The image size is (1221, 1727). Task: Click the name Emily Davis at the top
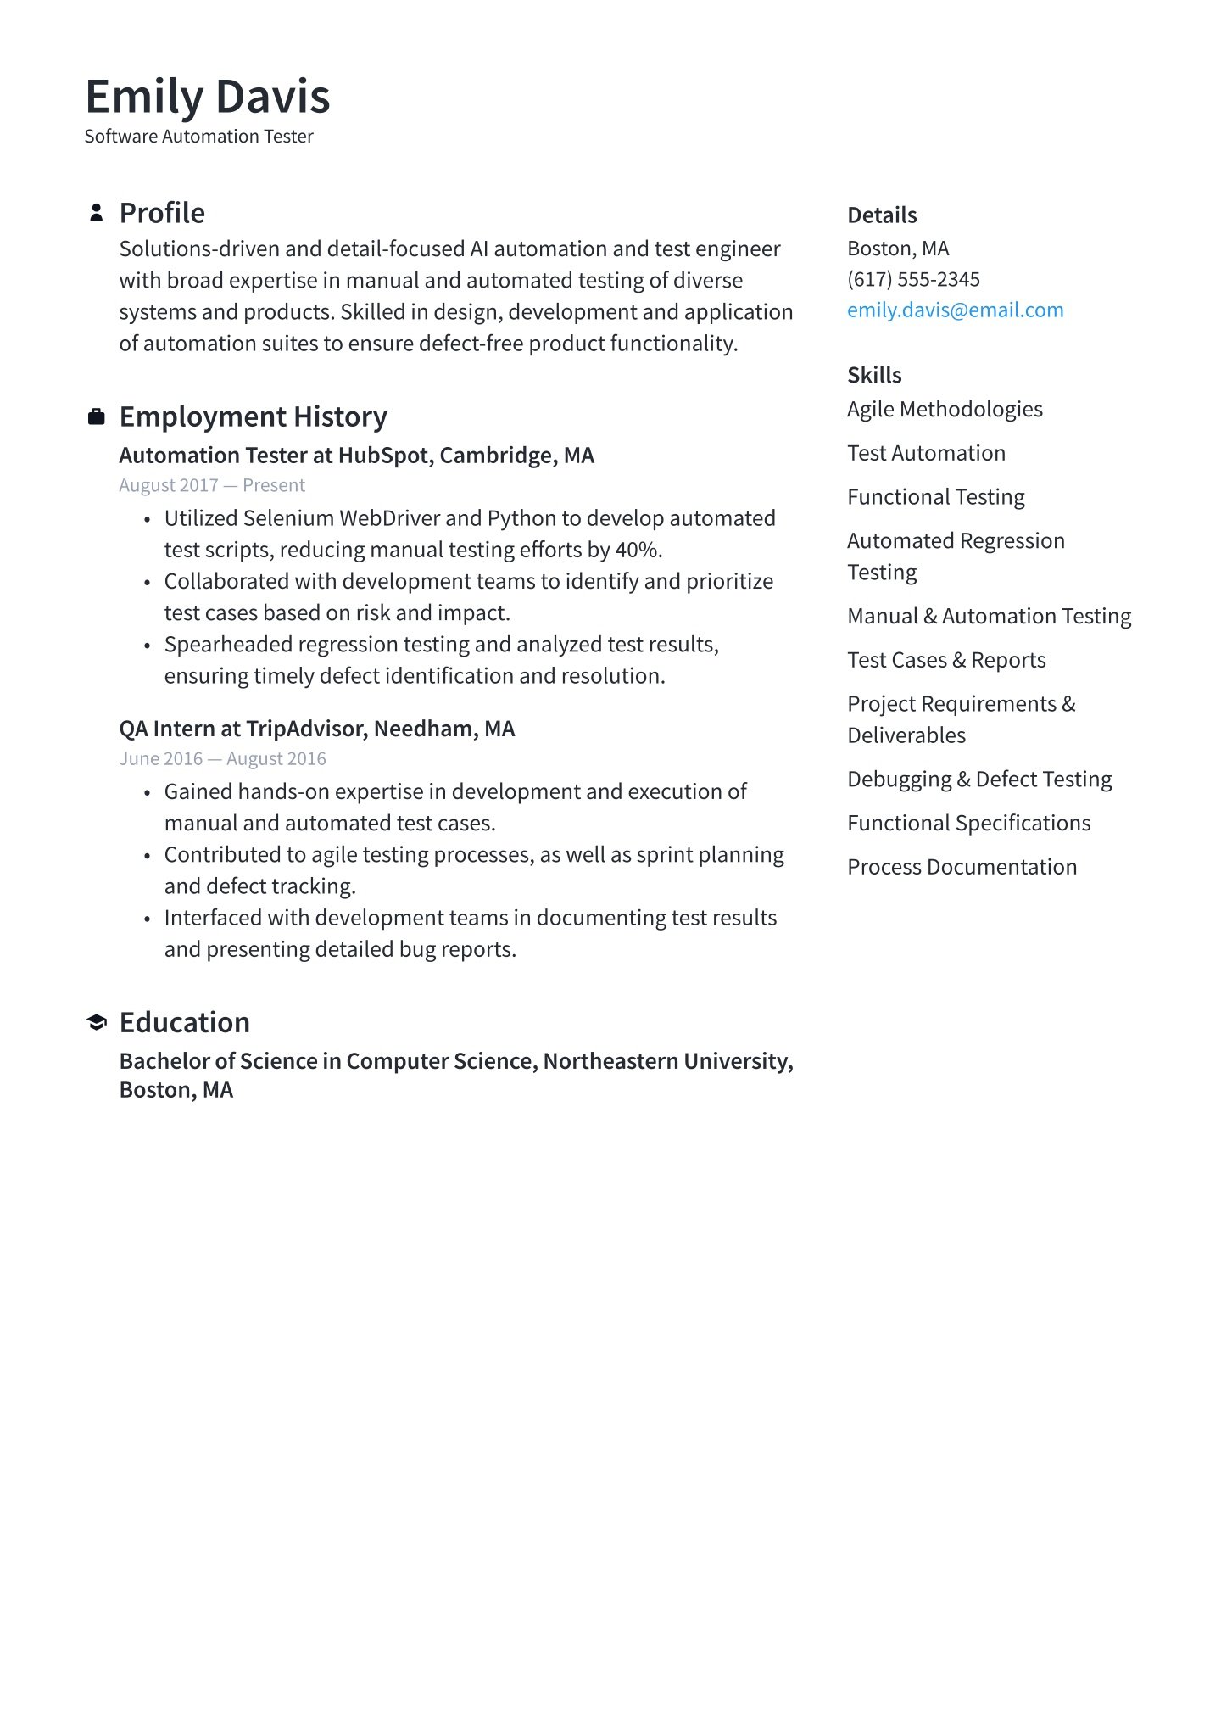click(207, 97)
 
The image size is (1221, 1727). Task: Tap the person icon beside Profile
click(97, 213)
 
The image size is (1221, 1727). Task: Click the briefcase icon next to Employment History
click(97, 416)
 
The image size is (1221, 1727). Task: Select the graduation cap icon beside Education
click(97, 1022)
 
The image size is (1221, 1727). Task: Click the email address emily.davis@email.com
click(955, 310)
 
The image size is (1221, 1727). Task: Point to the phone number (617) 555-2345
click(913, 279)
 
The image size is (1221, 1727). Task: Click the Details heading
click(882, 215)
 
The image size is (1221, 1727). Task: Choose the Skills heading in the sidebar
click(874, 375)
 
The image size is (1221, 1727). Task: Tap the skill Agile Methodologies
click(945, 410)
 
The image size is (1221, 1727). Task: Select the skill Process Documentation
click(962, 867)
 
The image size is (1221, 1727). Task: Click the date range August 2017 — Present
click(212, 485)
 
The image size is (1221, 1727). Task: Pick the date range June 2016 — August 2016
click(222, 758)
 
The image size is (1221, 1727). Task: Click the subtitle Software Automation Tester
click(198, 137)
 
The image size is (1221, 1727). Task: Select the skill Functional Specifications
click(968, 823)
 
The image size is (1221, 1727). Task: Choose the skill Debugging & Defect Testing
click(979, 779)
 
